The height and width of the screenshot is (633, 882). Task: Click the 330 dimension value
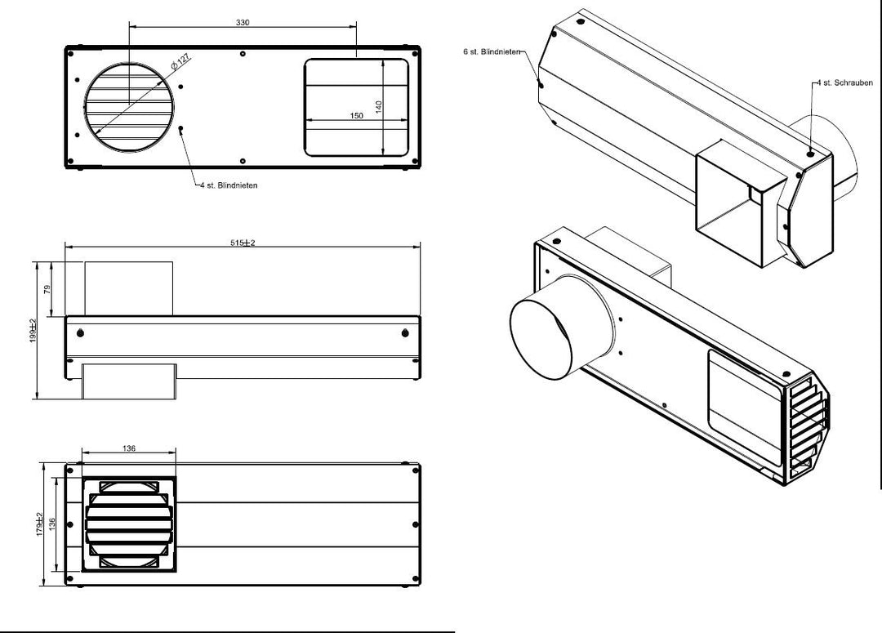(243, 23)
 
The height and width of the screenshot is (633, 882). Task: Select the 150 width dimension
(357, 115)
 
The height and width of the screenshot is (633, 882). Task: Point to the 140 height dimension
(379, 107)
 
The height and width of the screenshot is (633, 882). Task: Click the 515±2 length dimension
(243, 243)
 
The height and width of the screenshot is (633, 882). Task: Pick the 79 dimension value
(47, 288)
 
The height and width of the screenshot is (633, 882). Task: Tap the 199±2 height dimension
(33, 330)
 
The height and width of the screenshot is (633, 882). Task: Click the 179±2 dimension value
(40, 524)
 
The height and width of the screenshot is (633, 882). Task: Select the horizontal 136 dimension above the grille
(129, 448)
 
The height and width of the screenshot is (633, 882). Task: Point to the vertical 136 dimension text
(52, 524)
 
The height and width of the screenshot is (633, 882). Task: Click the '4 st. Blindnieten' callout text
(229, 185)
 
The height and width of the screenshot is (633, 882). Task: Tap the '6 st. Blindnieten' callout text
(492, 51)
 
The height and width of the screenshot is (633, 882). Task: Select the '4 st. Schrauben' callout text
(845, 82)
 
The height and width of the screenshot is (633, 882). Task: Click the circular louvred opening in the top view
(129, 107)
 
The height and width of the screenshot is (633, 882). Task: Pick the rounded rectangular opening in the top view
(357, 108)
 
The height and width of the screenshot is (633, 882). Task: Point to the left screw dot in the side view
(80, 333)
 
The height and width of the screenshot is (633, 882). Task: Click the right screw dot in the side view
(406, 333)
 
